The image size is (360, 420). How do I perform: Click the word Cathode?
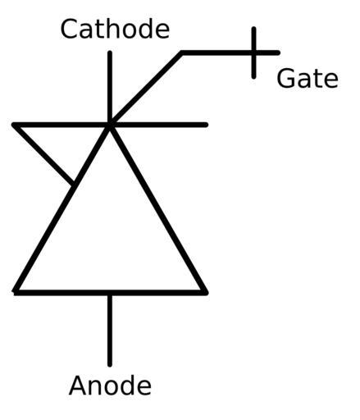coord(115,29)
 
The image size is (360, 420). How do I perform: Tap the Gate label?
coord(308,79)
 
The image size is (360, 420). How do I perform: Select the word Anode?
coord(110,386)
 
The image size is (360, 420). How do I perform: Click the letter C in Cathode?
coord(70,29)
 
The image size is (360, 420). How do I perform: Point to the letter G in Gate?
coord(286,79)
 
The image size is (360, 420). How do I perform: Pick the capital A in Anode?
coord(79,386)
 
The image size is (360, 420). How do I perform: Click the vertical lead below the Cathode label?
coord(110,88)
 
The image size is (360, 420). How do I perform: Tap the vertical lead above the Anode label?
coord(110,330)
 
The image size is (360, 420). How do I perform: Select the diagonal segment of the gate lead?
coord(146,89)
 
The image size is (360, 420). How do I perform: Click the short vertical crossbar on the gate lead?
coord(254,52)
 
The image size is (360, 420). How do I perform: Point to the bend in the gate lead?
coord(182,52)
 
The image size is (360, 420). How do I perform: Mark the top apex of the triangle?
coord(110,126)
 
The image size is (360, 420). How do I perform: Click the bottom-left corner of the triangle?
coord(16,292)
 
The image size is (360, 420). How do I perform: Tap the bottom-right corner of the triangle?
coord(206,293)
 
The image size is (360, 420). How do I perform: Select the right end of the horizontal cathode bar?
coord(206,125)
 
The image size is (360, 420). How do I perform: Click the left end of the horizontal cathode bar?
coord(14,125)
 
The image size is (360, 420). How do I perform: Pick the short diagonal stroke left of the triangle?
coord(43,154)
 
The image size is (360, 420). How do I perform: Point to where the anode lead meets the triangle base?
coord(110,293)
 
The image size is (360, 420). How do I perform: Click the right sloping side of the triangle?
coord(157,209)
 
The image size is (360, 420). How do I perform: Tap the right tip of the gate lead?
coord(278,52)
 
